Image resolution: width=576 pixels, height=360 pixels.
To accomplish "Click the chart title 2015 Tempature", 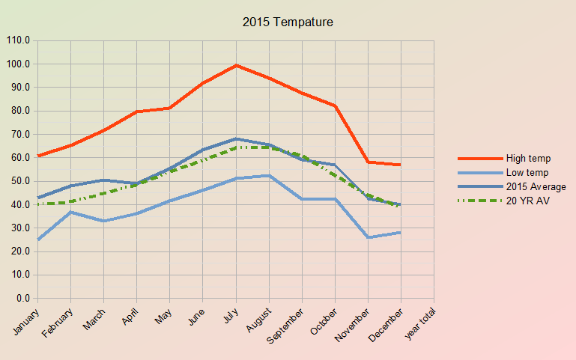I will coord(288,22).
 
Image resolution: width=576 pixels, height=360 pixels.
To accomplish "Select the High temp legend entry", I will coord(528,158).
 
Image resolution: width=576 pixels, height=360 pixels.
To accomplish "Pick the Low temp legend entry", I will coord(527,172).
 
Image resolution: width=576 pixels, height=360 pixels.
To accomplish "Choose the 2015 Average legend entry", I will coord(536,186).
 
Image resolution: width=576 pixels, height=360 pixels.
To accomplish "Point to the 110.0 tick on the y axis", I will coord(17,40).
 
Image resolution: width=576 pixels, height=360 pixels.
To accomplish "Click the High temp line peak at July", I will coord(236,65).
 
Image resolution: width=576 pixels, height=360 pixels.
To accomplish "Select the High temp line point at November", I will coord(368,162).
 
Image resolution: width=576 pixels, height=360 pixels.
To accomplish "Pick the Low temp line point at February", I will coord(70,212).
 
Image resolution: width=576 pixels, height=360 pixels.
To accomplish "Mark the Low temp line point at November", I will coord(368,237).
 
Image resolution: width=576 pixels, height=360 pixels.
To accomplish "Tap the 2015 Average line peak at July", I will coord(236,138).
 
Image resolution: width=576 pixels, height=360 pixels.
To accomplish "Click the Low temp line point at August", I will coord(269,175).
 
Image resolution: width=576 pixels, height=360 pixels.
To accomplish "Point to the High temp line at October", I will coord(335,106).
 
